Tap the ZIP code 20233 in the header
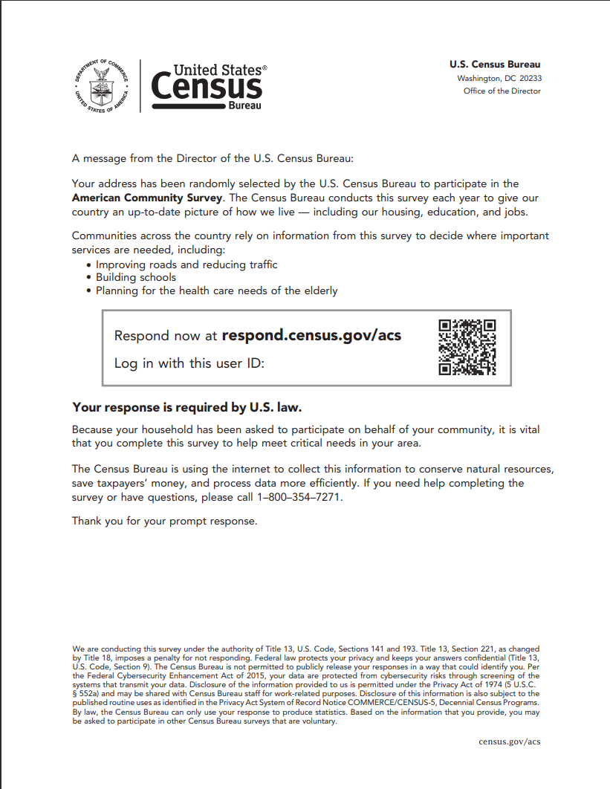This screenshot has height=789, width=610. point(530,78)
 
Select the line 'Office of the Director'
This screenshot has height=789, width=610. point(502,91)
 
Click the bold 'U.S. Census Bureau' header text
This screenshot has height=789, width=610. point(495,65)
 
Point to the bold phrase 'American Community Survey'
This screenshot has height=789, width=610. point(146,198)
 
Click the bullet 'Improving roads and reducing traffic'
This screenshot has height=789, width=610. point(186,264)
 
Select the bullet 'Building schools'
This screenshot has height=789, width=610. point(136,277)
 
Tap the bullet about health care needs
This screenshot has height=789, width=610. point(216,290)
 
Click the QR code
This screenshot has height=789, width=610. point(467,347)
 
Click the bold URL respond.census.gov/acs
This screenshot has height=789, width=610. point(311,335)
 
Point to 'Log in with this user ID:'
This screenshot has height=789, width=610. point(189,364)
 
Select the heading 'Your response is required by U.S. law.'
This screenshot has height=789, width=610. point(187,408)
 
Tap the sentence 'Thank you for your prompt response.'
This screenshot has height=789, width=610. point(164,521)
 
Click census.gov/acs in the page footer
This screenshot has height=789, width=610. point(509,741)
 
